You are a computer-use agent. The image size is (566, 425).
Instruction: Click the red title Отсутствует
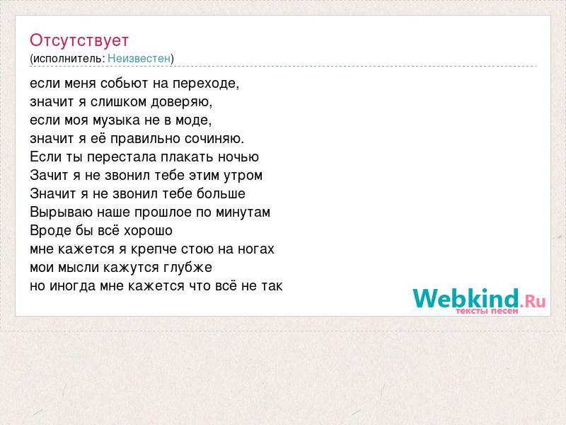tap(79, 40)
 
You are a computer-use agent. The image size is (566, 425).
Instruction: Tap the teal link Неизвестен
tap(139, 58)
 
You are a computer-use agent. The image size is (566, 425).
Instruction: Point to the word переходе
tap(206, 84)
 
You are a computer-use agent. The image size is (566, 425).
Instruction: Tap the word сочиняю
tap(214, 139)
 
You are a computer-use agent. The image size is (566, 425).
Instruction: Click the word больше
tap(221, 193)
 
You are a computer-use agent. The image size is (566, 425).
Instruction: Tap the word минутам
tap(243, 212)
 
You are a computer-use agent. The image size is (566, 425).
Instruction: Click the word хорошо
tap(148, 231)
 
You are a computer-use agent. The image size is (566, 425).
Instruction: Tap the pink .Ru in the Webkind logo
tap(533, 300)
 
